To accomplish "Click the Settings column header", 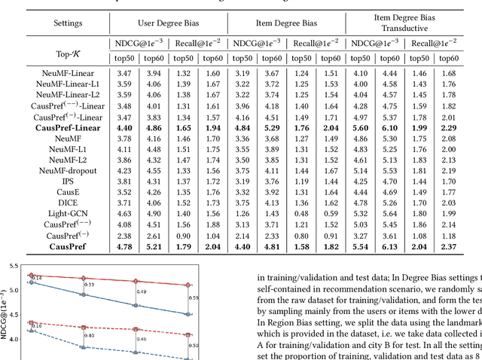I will click(51, 23).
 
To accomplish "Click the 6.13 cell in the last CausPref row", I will click(390, 246).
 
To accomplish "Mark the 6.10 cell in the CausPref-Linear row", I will click(390, 128).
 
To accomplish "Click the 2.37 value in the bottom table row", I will click(449, 246).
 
